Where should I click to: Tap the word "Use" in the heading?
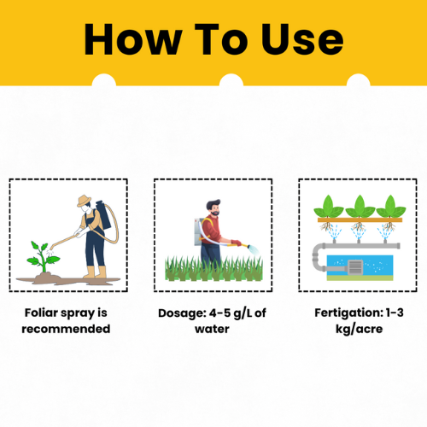coord(302,39)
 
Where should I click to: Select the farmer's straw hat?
coord(84,201)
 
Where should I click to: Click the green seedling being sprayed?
coord(43,257)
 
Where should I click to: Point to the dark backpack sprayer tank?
coord(103,214)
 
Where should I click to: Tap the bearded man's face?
coord(214,210)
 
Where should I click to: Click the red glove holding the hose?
coord(236,243)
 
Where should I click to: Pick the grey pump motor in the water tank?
coord(355,267)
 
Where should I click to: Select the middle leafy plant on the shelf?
coord(360,207)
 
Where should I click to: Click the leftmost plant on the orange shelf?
coord(329,207)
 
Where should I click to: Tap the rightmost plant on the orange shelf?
coord(391,207)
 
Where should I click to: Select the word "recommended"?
coord(66,329)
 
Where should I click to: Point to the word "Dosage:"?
coord(182,313)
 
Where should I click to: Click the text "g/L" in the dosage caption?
coord(243,313)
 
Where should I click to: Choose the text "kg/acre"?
coord(360,330)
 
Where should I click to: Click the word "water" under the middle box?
coord(212,330)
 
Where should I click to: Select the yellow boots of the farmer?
coord(95,272)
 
